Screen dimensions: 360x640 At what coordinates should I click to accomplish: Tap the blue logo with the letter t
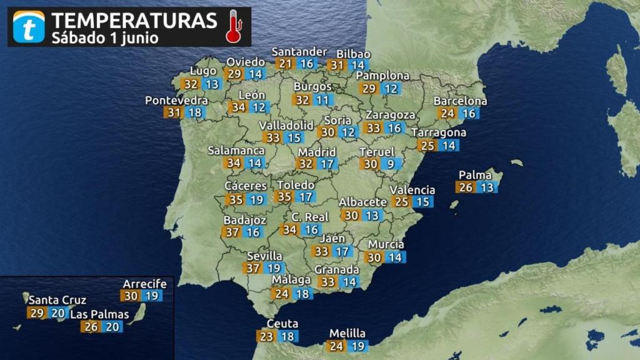click(x=29, y=27)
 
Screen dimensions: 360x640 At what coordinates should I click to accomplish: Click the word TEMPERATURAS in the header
click(x=134, y=19)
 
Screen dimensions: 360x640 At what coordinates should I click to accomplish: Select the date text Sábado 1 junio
click(x=104, y=37)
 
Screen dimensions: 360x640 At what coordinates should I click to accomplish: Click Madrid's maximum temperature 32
click(x=306, y=164)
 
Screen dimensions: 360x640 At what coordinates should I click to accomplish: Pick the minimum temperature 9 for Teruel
click(x=391, y=164)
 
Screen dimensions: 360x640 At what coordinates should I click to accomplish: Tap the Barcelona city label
click(x=460, y=101)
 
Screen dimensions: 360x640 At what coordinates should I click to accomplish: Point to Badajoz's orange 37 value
click(x=232, y=232)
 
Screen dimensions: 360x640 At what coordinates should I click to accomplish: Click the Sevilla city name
click(x=264, y=256)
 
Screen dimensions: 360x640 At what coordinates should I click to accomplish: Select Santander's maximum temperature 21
click(x=285, y=63)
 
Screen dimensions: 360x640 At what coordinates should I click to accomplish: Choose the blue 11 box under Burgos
click(x=322, y=100)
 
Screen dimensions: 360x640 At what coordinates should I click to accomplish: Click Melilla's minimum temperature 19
click(x=358, y=346)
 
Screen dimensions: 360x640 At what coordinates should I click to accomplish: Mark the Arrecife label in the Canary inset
click(x=144, y=284)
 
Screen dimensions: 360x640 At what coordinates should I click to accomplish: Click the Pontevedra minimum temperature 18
click(x=195, y=112)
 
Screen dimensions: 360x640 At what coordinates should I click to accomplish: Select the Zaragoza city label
click(x=390, y=115)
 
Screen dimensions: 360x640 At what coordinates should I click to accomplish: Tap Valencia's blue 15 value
click(x=423, y=201)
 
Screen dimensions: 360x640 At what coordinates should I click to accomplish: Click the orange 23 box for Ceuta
click(x=266, y=336)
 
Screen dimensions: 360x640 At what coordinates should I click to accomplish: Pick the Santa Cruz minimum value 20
click(x=56, y=312)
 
